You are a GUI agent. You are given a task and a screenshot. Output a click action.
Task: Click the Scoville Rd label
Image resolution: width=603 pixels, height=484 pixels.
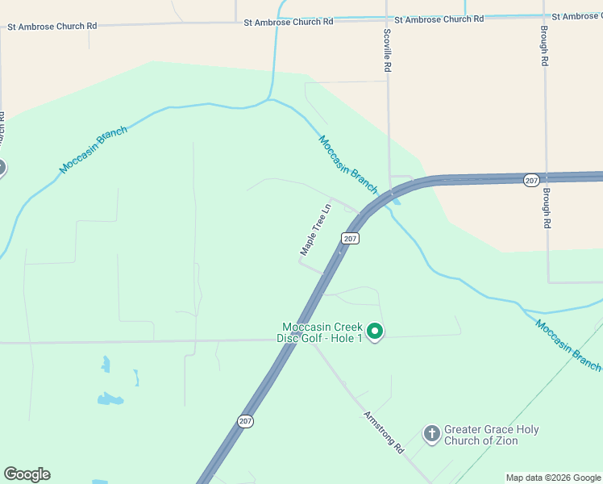point(388,52)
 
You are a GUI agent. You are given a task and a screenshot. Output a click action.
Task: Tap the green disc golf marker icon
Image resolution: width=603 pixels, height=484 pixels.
point(374,331)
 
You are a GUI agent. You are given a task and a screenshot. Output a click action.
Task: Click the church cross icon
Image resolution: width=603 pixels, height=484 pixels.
point(431,434)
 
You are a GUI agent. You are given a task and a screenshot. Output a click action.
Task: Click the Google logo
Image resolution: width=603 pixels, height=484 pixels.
point(27,474)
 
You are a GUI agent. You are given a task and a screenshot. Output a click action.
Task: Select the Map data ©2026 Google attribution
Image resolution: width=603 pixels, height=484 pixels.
point(553,478)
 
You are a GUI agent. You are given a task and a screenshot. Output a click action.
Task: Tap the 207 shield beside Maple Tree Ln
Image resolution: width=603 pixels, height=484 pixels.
point(349,238)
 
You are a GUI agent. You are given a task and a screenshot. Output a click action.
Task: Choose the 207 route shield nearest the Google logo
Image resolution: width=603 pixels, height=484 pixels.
point(245,420)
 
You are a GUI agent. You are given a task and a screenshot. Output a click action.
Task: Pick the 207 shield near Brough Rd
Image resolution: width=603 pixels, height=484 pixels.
point(530,180)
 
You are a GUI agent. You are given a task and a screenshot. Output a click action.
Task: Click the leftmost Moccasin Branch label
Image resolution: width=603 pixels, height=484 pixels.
point(94,149)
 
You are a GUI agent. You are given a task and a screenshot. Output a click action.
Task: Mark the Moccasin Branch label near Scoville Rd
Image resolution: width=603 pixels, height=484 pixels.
point(348,165)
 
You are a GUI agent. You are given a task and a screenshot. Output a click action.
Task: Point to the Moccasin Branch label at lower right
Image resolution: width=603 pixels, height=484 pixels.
point(568,345)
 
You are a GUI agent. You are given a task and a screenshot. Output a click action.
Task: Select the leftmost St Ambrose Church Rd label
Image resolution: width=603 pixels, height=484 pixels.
point(52,26)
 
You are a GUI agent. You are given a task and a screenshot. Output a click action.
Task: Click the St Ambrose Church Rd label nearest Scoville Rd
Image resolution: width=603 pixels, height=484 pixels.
point(439,19)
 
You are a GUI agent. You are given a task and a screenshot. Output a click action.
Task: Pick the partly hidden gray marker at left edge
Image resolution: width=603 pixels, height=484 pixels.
point(2,168)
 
